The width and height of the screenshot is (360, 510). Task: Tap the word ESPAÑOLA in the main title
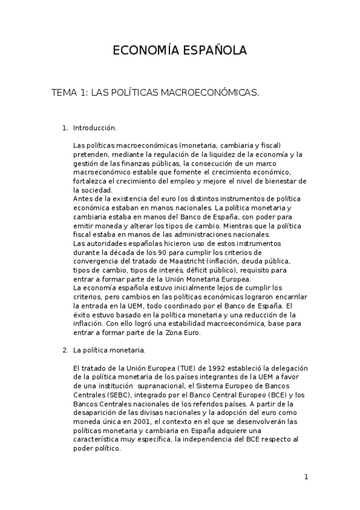216,51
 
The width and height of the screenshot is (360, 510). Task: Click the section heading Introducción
94,128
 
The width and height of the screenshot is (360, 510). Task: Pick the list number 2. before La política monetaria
66,349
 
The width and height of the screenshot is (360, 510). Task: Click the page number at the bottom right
306,477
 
